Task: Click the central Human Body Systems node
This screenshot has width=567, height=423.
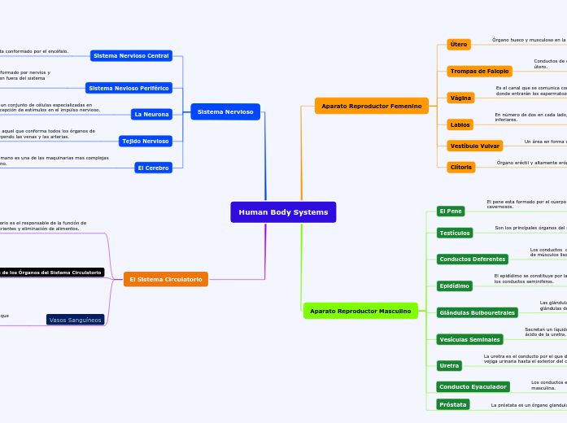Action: (283, 212)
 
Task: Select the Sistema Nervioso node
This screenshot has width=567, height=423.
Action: (225, 111)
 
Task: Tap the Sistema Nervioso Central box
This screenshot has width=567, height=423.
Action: (131, 56)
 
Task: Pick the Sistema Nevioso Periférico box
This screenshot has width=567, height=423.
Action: (129, 88)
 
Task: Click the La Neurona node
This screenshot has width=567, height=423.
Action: (152, 115)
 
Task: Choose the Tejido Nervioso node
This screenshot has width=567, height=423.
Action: (146, 142)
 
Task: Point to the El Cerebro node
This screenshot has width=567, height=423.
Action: (154, 168)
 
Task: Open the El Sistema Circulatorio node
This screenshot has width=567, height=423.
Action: (166, 279)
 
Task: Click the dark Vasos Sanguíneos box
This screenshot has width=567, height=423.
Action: (76, 320)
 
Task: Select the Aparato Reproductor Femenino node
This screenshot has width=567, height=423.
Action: (372, 106)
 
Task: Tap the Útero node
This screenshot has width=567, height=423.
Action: (459, 45)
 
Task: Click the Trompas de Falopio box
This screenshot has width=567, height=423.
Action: (480, 72)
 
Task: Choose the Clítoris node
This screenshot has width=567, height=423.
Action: (460, 167)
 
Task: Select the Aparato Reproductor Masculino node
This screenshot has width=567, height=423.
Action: (360, 311)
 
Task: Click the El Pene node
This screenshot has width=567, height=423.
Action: (451, 211)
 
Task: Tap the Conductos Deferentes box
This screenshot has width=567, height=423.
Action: (472, 259)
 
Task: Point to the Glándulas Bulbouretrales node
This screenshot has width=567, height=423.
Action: (477, 312)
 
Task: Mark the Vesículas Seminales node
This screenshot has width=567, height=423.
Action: (469, 339)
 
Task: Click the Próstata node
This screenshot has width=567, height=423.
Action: (452, 404)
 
